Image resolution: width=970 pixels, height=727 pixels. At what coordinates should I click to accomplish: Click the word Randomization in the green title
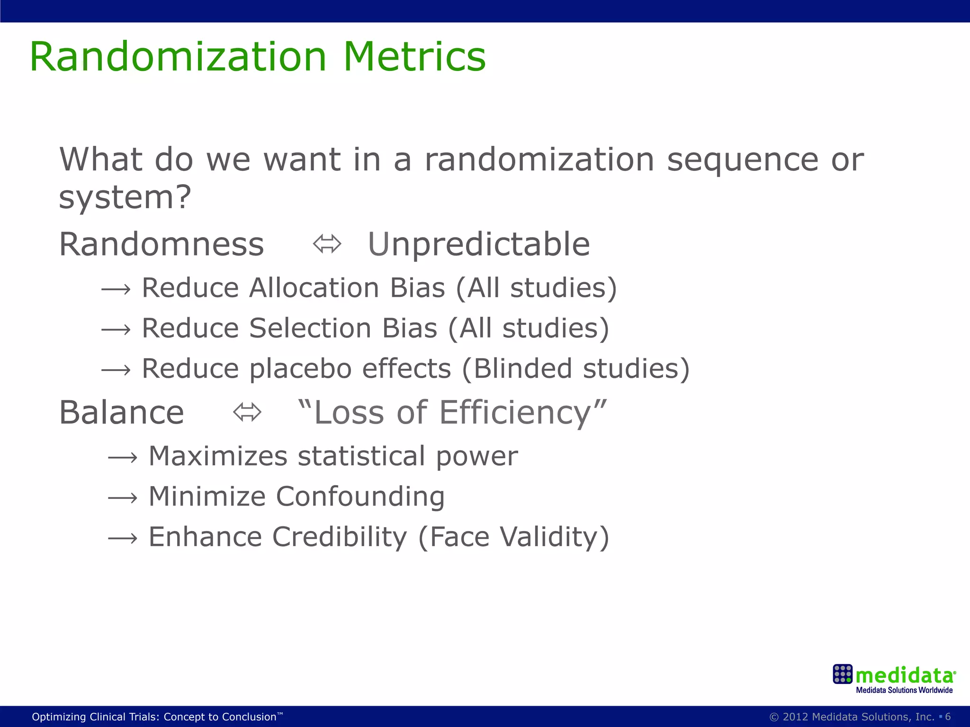pos(178,57)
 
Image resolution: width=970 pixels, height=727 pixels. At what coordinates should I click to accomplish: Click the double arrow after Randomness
pos(327,244)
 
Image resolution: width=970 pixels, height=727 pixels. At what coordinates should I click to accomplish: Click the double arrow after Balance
pos(247,412)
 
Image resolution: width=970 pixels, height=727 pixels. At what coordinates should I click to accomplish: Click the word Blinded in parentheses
pos(523,369)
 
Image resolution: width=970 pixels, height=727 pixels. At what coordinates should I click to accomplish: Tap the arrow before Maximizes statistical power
pos(123,458)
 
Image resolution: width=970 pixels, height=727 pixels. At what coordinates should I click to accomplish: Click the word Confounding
pos(360,496)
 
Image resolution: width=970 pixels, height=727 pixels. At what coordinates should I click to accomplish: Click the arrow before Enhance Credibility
pos(123,538)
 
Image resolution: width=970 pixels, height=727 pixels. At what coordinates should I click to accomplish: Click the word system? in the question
pos(125,197)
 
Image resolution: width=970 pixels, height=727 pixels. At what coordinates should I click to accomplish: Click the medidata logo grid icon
pos(842,674)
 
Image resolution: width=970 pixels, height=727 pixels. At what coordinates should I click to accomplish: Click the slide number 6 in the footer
pos(948,717)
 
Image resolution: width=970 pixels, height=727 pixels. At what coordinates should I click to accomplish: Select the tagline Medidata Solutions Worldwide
pos(904,690)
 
